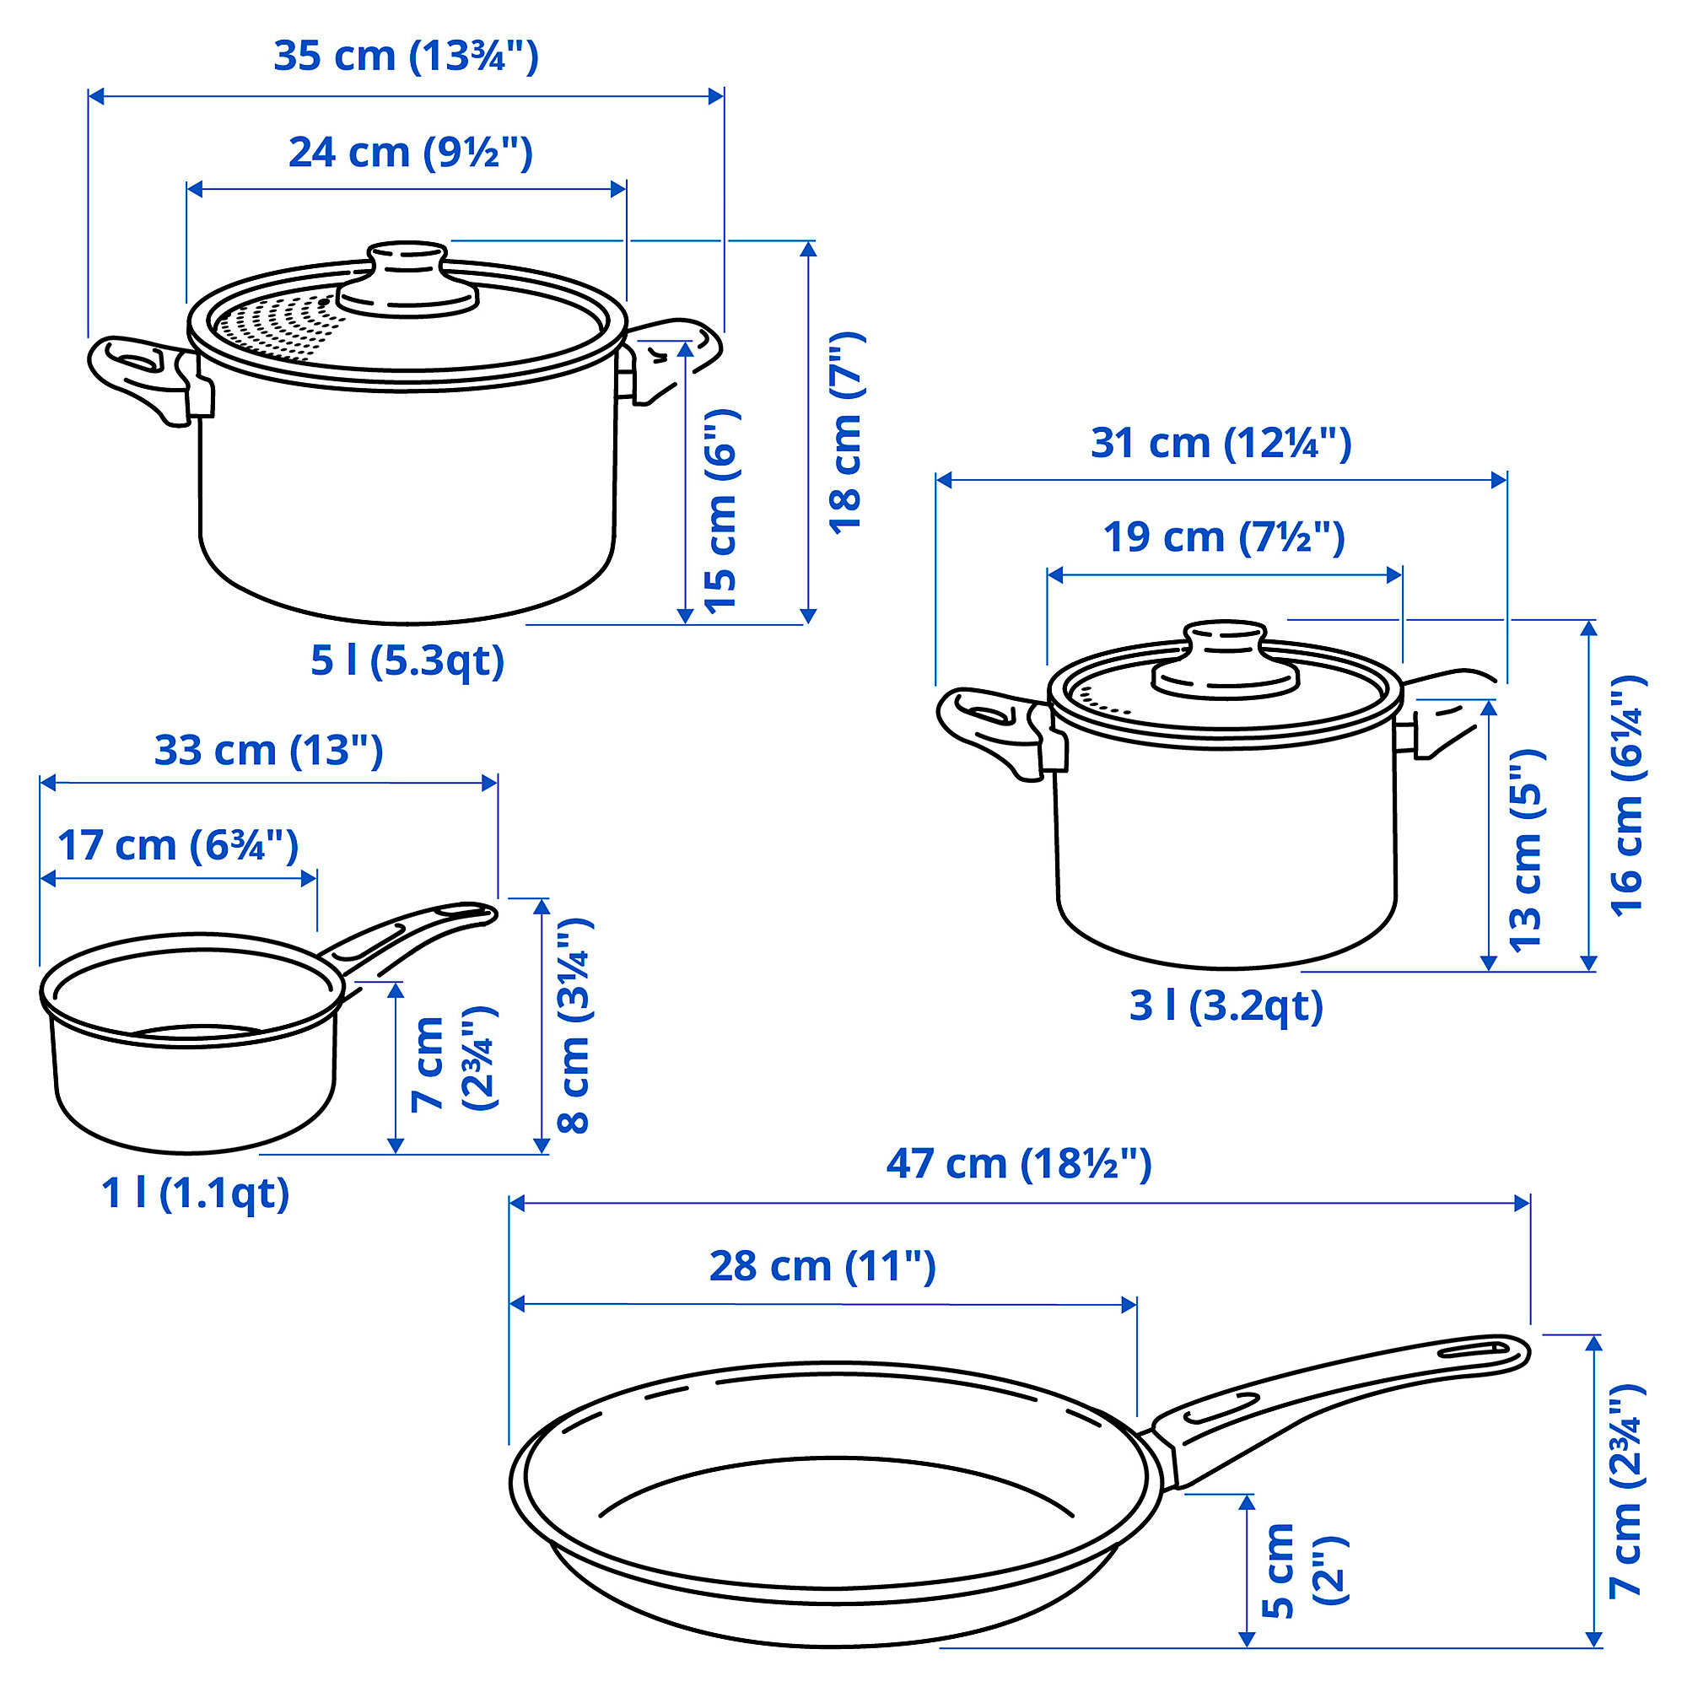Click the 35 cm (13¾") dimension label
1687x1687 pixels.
point(406,57)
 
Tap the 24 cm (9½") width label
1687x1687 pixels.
point(411,153)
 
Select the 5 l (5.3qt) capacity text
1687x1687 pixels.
point(407,660)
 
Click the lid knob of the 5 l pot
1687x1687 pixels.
point(407,278)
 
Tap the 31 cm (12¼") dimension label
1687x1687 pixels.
point(1221,444)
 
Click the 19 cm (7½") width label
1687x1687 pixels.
point(1223,537)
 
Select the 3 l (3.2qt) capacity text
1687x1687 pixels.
point(1226,1006)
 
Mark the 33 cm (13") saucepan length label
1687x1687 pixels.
point(269,751)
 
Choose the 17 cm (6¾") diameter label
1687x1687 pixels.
point(178,845)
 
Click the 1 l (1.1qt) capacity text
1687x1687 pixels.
point(196,1193)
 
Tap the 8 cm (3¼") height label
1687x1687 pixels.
point(574,1026)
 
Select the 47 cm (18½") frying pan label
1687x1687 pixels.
point(1019,1164)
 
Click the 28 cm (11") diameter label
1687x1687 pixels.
point(822,1266)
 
